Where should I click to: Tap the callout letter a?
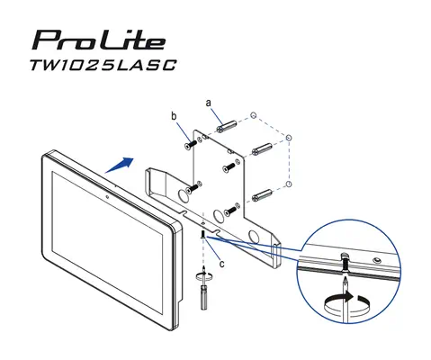click(x=209, y=103)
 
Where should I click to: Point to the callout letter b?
click(x=174, y=117)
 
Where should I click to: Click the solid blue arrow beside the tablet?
click(x=119, y=165)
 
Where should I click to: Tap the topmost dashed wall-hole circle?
click(x=255, y=115)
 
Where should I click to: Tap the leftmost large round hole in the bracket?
click(x=190, y=193)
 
